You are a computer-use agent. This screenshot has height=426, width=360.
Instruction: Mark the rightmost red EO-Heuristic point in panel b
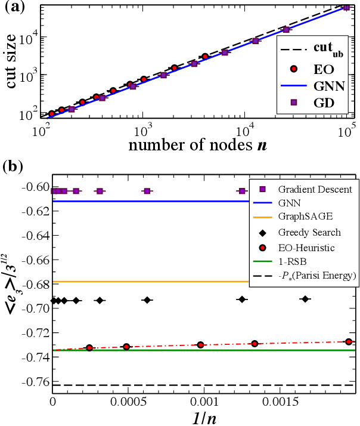tap(349, 342)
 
